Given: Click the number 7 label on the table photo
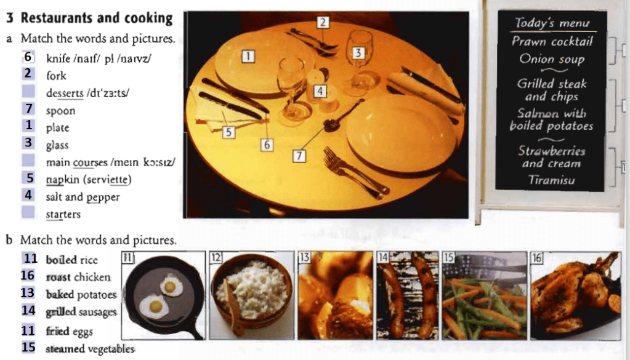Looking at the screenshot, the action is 299,155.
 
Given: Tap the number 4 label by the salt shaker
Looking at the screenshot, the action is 320,91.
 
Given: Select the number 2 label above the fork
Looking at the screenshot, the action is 323,22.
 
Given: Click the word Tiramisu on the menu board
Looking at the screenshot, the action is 551,180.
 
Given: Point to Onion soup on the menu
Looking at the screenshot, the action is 552,59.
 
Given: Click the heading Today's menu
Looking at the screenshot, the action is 552,23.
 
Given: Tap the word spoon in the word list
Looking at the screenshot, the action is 60,111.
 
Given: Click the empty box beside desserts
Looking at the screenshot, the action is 28,91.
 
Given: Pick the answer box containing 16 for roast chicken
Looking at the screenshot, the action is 28,275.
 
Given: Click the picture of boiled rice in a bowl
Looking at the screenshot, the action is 251,295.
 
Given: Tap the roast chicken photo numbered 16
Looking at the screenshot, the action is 575,295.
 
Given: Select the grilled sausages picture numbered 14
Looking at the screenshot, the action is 408,295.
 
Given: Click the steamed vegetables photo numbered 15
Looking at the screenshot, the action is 485,295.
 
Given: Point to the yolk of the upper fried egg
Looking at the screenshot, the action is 170,286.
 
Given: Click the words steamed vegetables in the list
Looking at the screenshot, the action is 90,349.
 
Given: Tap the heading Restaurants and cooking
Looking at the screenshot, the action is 97,18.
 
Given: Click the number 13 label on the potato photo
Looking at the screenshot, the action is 304,257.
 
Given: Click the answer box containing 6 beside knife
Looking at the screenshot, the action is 28,57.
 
